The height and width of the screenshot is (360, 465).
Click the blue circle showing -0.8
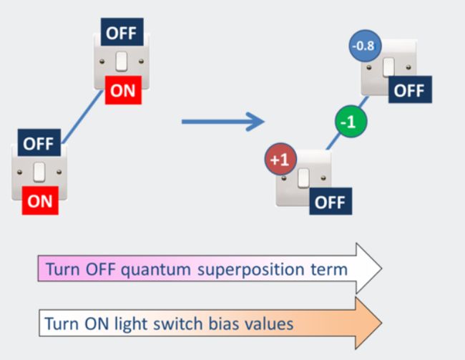pyautogui.click(x=365, y=46)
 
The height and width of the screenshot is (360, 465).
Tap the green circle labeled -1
pyautogui.click(x=351, y=122)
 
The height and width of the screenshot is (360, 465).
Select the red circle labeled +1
pyautogui.click(x=280, y=160)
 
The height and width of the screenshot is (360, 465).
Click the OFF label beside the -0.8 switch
pyautogui.click(x=410, y=89)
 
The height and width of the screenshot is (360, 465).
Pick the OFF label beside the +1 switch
pyautogui.click(x=331, y=201)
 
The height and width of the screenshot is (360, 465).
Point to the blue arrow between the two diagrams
pyautogui.click(x=222, y=122)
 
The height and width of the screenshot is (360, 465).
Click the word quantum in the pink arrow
pyautogui.click(x=156, y=270)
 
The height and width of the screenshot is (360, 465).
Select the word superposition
pyautogui.click(x=251, y=270)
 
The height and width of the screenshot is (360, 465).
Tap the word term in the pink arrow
pyautogui.click(x=329, y=270)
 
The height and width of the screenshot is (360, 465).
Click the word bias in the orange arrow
pyautogui.click(x=224, y=323)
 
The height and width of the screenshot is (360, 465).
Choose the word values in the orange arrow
pyautogui.click(x=269, y=323)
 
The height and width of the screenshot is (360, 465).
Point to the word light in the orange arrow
pyautogui.click(x=131, y=323)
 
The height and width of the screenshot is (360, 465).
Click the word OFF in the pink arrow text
pyautogui.click(x=100, y=270)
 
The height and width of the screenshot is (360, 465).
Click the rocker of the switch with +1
pyautogui.click(x=303, y=177)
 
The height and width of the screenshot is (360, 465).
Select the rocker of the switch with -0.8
pyautogui.click(x=388, y=67)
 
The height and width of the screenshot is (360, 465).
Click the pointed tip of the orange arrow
pyautogui.click(x=382, y=323)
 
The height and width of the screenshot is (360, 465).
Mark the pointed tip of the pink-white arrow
pyautogui.click(x=382, y=268)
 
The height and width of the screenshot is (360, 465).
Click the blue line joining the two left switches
pyautogui.click(x=82, y=117)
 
